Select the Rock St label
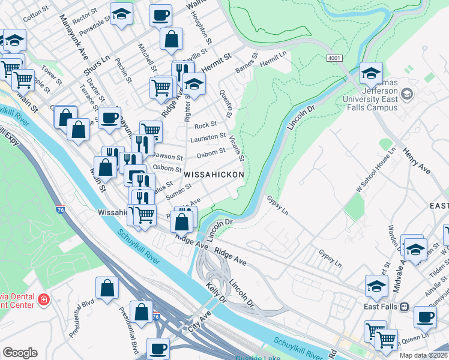(x=205, y=125)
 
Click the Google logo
(x=20, y=353)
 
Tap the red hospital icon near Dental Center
(x=43, y=299)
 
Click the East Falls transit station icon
(x=405, y=307)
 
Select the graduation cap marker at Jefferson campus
(x=371, y=74)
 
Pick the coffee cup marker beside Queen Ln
(x=425, y=317)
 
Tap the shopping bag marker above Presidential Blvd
(x=107, y=287)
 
